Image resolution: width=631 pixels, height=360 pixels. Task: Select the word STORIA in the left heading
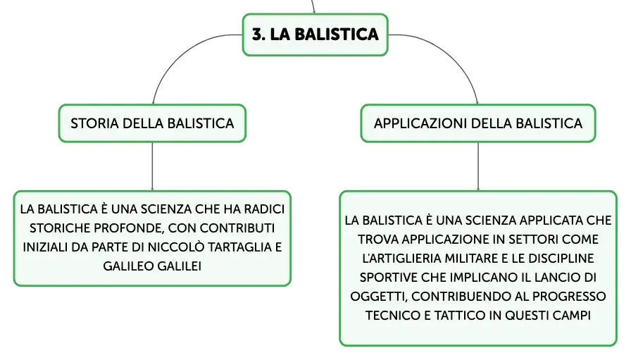coord(94,123)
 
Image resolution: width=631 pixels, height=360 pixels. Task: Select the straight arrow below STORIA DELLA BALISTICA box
coord(152,166)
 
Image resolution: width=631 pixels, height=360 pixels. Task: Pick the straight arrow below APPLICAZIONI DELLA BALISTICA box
coord(478,166)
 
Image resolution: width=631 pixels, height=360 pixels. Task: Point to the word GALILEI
coord(179,266)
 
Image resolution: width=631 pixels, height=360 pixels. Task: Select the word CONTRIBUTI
coord(237,228)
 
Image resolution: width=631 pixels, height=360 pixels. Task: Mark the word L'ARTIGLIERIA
coord(401,258)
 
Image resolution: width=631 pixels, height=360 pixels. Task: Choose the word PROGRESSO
coord(569,297)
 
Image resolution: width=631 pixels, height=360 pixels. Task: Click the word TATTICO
coord(460,316)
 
